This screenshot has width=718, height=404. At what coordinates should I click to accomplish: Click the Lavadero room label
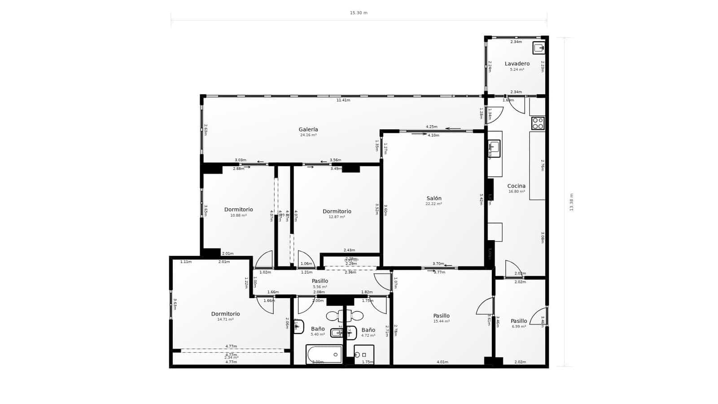tap(517, 64)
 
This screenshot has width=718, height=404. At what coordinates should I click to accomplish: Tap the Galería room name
tap(308, 130)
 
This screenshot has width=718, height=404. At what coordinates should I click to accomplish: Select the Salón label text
tap(433, 198)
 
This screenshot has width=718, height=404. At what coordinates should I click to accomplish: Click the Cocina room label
tap(516, 186)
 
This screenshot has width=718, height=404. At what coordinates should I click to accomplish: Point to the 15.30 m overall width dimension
tap(359, 13)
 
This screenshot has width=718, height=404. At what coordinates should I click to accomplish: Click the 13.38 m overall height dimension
tap(571, 202)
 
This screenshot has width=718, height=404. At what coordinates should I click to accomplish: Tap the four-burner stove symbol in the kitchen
tap(538, 123)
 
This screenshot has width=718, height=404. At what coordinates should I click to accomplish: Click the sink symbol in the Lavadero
tap(538, 48)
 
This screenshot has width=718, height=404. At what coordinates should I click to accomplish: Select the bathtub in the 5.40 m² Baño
tap(324, 354)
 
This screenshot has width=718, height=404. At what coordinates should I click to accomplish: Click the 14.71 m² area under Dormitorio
tap(225, 320)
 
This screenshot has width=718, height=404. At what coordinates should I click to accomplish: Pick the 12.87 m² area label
tap(337, 217)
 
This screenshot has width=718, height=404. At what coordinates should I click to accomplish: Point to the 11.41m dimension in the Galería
tap(343, 100)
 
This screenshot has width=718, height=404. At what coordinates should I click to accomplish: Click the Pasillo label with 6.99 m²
tap(519, 321)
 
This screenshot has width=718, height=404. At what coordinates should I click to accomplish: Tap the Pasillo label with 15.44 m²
tap(441, 316)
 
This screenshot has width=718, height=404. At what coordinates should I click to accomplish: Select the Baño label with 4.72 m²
tap(368, 330)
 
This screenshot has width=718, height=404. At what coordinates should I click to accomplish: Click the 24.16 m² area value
tap(308, 135)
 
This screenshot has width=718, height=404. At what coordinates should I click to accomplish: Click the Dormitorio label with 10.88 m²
tap(238, 210)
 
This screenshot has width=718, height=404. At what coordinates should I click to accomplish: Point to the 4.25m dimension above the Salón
tap(431, 127)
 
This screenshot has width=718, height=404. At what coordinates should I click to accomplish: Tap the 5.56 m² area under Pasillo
tap(320, 287)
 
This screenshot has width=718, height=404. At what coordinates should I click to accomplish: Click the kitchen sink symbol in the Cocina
tap(494, 148)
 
